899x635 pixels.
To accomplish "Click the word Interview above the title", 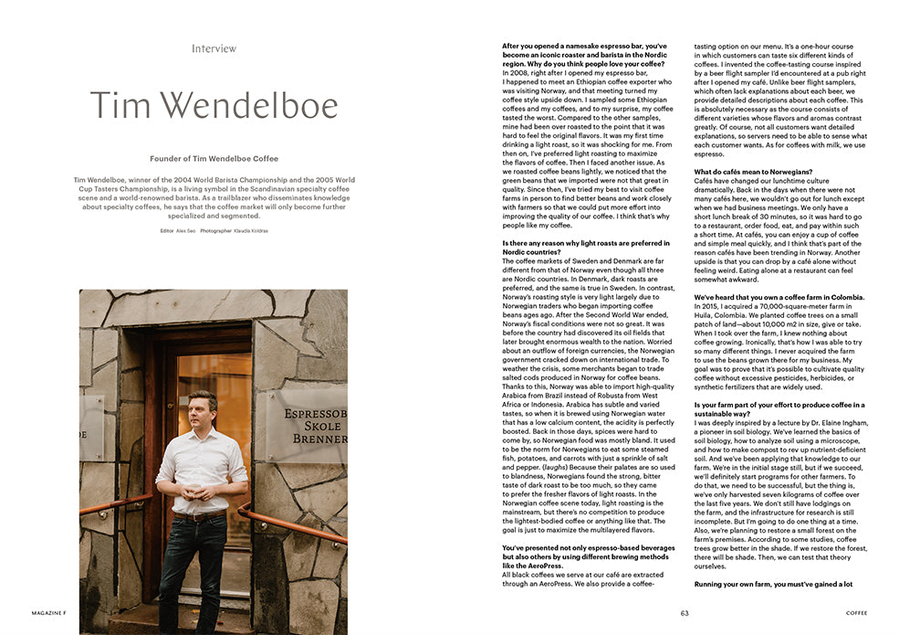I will tap(214, 48).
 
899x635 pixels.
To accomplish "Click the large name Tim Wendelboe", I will tap(214, 106).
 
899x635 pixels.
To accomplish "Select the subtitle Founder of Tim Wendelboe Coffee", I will tap(214, 159).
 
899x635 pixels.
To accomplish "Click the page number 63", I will tap(684, 613).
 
